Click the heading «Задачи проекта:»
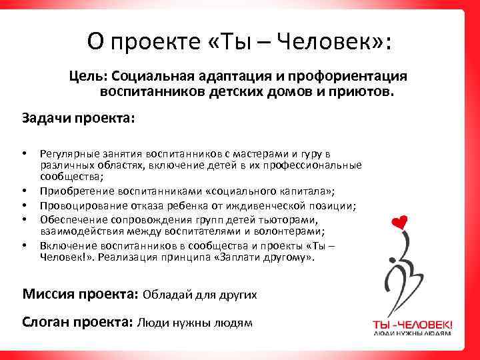pos(79,118)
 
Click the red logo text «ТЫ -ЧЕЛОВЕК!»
pos(412,325)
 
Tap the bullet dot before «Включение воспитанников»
pos(25,245)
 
